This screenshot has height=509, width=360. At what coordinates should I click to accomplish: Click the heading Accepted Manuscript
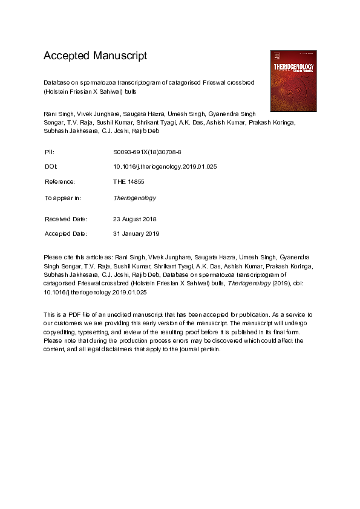pos(95,56)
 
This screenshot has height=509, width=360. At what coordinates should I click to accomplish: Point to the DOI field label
pos(51,166)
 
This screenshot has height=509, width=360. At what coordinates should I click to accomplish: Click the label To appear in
pos(63,198)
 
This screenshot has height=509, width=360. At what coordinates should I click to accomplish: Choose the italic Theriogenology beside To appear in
pos(134,198)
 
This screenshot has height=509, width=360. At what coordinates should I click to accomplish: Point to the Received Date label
pos(66,218)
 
